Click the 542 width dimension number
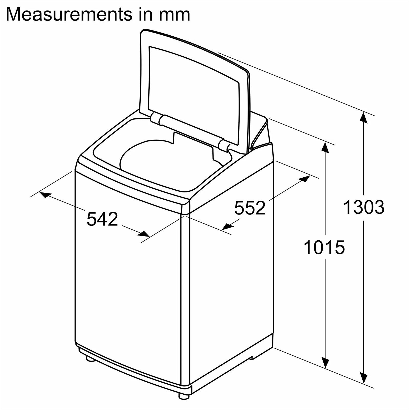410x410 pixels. tap(102, 219)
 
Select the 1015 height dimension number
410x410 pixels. tap(324, 247)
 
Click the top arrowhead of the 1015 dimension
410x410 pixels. tap(325, 148)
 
